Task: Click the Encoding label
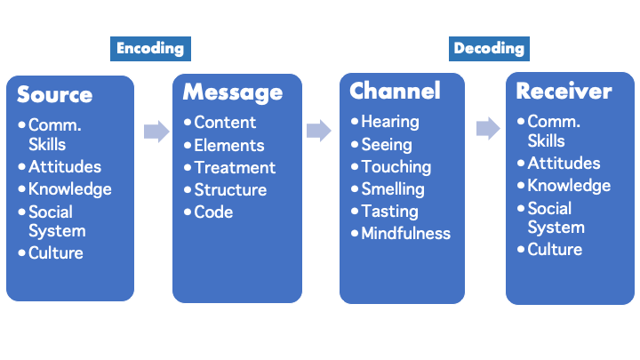pyautogui.click(x=150, y=49)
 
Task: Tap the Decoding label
pyautogui.click(x=489, y=49)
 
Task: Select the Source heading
pyautogui.click(x=55, y=95)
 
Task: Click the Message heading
pyautogui.click(x=233, y=92)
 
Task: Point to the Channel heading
pyautogui.click(x=395, y=91)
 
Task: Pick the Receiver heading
pyautogui.click(x=564, y=91)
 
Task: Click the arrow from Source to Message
pyautogui.click(x=156, y=132)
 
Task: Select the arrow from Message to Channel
pyautogui.click(x=319, y=131)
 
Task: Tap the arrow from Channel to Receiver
pyautogui.click(x=488, y=128)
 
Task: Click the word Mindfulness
pyautogui.click(x=405, y=234)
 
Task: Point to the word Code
pyautogui.click(x=213, y=212)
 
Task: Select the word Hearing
pyautogui.click(x=390, y=122)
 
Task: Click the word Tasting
pyautogui.click(x=390, y=212)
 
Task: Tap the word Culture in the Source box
pyautogui.click(x=56, y=253)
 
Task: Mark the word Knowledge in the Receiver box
pyautogui.click(x=569, y=186)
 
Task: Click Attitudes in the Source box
pyautogui.click(x=65, y=166)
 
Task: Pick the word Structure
pyautogui.click(x=230, y=190)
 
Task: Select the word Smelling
pyautogui.click(x=393, y=189)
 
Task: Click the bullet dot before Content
pyautogui.click(x=188, y=122)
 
